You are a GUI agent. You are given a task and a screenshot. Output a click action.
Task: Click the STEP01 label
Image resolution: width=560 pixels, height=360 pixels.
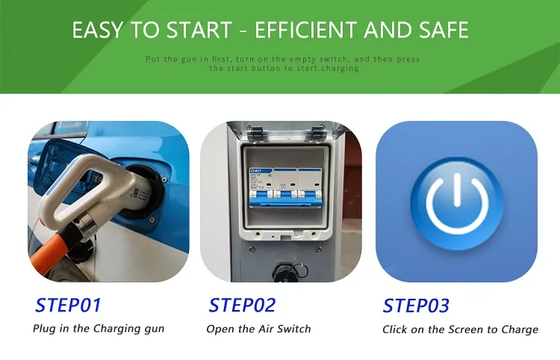(x=68, y=305)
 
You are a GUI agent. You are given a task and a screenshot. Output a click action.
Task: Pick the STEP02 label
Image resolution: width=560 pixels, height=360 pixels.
(x=242, y=305)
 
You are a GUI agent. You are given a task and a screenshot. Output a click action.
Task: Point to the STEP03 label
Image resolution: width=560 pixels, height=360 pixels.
(x=416, y=305)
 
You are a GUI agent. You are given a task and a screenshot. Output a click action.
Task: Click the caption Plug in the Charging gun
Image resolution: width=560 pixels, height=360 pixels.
(x=99, y=329)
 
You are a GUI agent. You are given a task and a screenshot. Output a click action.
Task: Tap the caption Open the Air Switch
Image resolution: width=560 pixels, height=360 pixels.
(x=258, y=329)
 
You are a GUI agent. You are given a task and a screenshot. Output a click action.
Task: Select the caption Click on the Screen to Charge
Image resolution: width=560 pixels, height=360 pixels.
(x=460, y=329)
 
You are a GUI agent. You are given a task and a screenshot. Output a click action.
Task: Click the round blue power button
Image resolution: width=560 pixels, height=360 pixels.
(x=457, y=203)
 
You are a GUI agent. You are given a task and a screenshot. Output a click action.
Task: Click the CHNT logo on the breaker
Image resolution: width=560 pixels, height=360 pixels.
(x=256, y=171)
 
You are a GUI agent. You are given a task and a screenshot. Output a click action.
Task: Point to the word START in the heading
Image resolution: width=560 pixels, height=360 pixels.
(x=199, y=30)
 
